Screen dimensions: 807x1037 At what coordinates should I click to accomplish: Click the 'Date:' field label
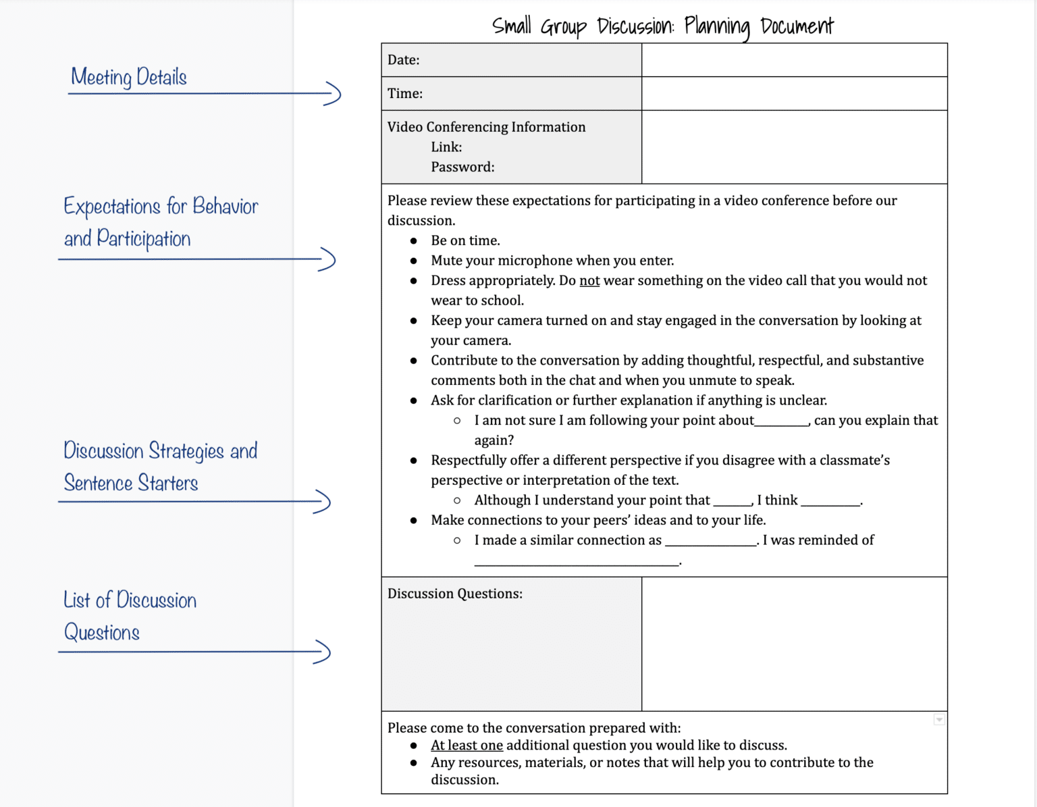pyautogui.click(x=403, y=60)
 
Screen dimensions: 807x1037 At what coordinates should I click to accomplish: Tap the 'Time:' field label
pyautogui.click(x=405, y=94)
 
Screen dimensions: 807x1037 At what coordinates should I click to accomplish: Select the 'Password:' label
pyautogui.click(x=462, y=167)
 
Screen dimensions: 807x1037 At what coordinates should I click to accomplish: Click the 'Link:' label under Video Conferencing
pyautogui.click(x=446, y=147)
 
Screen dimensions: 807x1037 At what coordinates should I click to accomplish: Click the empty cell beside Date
pyautogui.click(x=794, y=60)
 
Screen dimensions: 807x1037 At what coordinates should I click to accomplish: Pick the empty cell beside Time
pyautogui.click(x=794, y=94)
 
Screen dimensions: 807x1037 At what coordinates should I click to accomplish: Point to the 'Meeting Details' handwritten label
pyautogui.click(x=129, y=77)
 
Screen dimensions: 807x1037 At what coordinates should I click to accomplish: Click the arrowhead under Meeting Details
pyautogui.click(x=334, y=93)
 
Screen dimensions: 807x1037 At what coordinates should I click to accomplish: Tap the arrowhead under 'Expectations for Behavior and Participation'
pyautogui.click(x=328, y=259)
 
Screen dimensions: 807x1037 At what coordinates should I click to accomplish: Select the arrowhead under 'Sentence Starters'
pyautogui.click(x=323, y=502)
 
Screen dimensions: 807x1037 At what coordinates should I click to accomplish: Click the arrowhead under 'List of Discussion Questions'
pyautogui.click(x=323, y=652)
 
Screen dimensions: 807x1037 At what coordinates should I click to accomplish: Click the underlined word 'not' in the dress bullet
pyautogui.click(x=589, y=281)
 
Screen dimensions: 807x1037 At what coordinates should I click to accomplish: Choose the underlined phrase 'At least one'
pyautogui.click(x=467, y=746)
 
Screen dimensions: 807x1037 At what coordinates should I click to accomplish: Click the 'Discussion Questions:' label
pyautogui.click(x=455, y=594)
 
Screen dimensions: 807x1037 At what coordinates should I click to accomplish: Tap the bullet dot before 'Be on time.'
pyautogui.click(x=414, y=241)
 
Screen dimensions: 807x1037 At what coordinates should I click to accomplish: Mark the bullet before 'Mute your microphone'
pyautogui.click(x=414, y=261)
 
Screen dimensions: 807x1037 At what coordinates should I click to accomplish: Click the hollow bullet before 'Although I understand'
pyautogui.click(x=457, y=500)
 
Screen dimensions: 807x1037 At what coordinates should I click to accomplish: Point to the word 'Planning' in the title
pyautogui.click(x=717, y=26)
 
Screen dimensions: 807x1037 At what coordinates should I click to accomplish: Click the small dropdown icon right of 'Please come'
pyautogui.click(x=939, y=720)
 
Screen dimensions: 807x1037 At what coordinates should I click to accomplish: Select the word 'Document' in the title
pyautogui.click(x=797, y=26)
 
